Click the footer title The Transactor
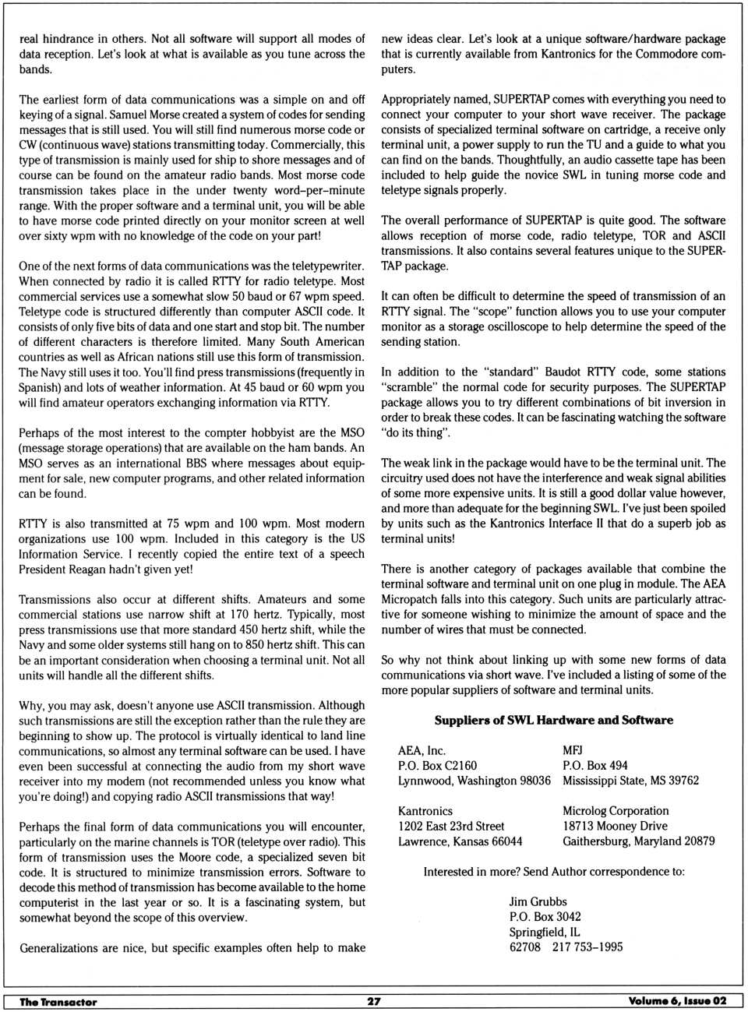[x=58, y=1002]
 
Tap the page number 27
[x=373, y=1002]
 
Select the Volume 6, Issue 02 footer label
[x=677, y=1001]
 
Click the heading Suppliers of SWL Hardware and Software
[x=553, y=721]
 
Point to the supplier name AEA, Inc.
[x=422, y=751]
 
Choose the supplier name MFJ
[x=573, y=751]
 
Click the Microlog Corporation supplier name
[x=616, y=811]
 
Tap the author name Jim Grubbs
[x=538, y=902]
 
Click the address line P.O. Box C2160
[x=437, y=766]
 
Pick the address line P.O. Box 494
[x=595, y=766]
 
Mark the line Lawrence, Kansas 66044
[x=460, y=841]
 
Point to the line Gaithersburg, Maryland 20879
[x=638, y=841]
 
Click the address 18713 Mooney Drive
[x=615, y=826]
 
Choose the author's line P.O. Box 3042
[x=545, y=917]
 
